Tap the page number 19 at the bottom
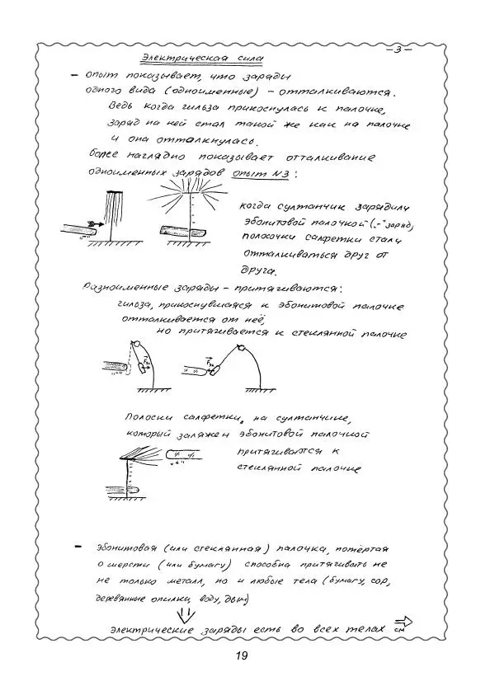click(x=241, y=656)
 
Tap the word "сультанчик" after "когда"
click(x=306, y=206)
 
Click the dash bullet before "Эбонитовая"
click(x=77, y=547)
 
